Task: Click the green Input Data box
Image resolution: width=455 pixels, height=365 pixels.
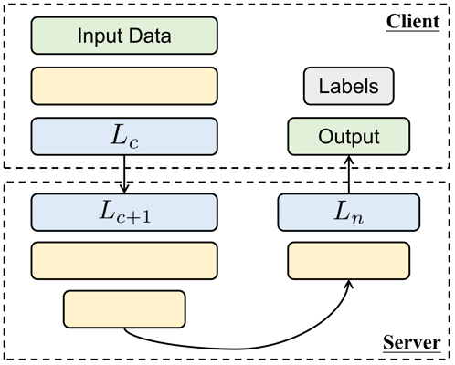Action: [124, 36]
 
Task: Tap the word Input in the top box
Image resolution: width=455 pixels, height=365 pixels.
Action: [99, 36]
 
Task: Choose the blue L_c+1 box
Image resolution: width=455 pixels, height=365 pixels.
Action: [124, 212]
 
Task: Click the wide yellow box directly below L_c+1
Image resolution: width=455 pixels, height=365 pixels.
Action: [124, 260]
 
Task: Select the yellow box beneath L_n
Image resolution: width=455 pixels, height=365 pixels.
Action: [348, 260]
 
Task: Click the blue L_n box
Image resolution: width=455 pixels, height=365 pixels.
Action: [348, 212]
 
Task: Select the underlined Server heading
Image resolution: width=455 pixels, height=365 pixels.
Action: [412, 346]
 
